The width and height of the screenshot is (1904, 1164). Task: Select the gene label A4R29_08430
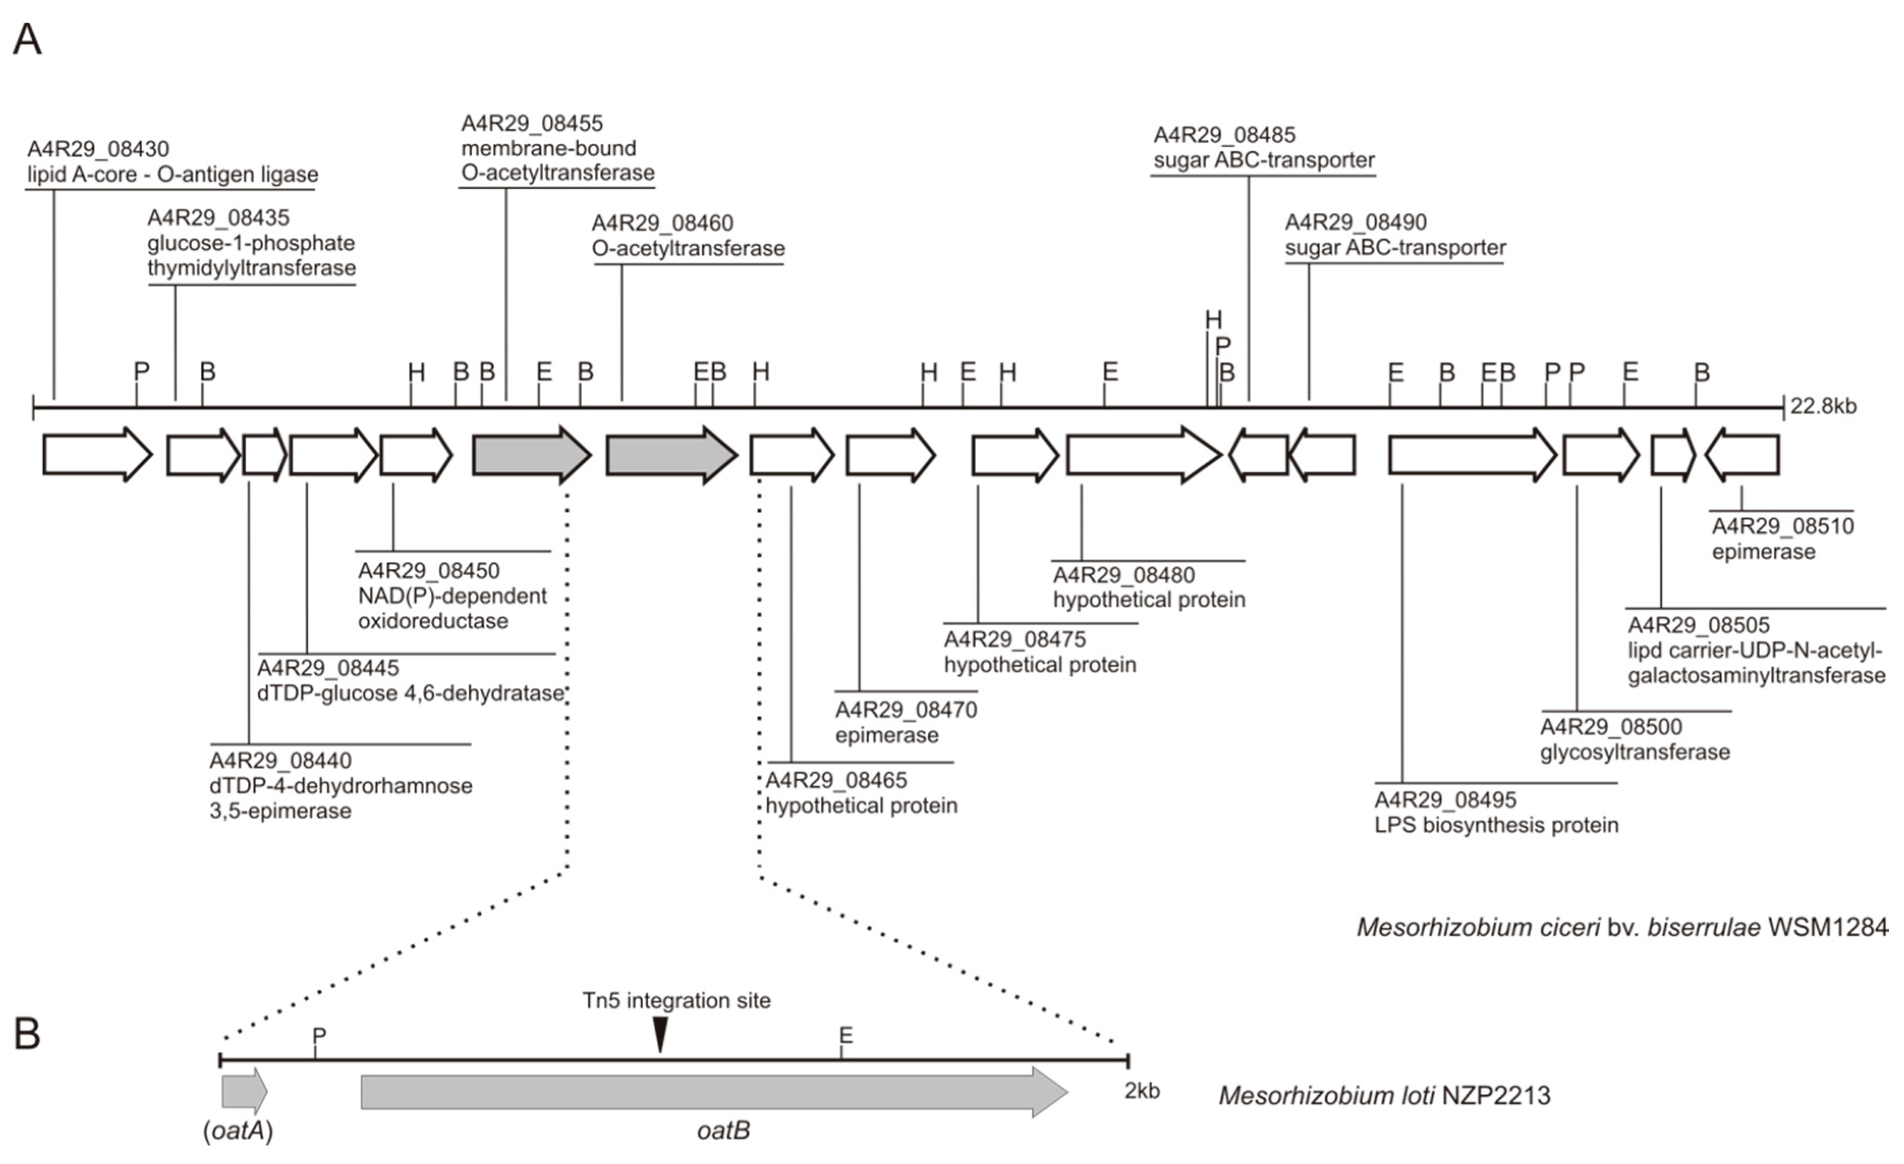coord(98,149)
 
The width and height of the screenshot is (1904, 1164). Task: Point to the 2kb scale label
coord(1141,1091)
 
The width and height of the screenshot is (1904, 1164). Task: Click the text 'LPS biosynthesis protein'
coord(1496,826)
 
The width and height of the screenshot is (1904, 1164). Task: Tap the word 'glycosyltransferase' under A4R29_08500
coord(1635,752)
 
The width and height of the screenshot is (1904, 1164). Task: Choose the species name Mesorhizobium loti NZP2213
coord(1384,1096)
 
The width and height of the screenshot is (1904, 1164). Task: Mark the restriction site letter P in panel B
coord(319,1035)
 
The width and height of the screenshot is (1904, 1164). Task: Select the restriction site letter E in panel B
coord(846,1035)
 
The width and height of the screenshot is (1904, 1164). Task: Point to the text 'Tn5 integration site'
coord(676,1001)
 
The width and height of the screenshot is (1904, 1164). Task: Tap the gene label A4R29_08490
coord(1355,222)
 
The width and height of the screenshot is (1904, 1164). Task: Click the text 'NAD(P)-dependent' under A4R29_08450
coord(452,596)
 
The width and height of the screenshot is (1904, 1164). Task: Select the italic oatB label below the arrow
coord(723,1131)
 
